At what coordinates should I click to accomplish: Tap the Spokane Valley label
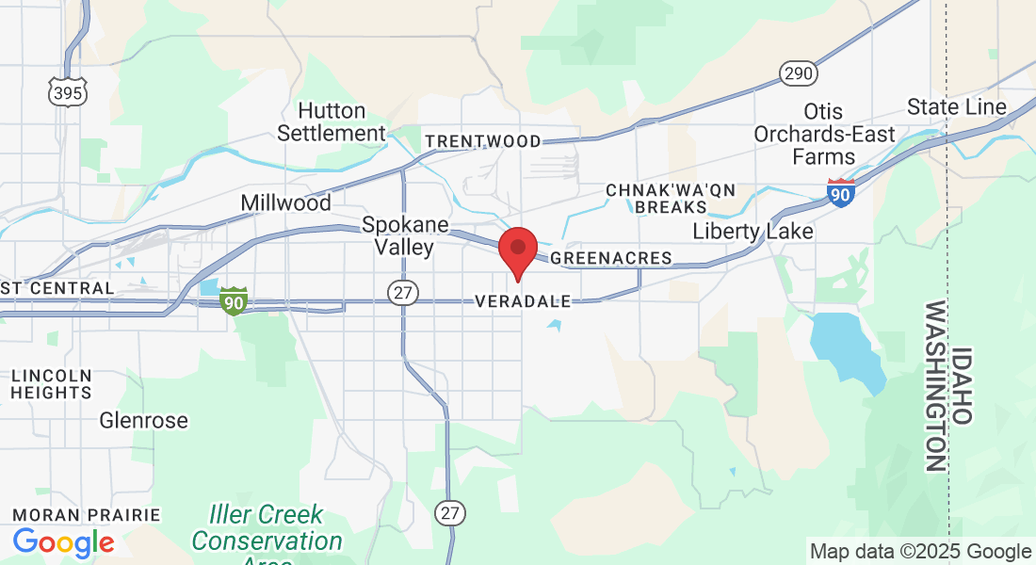pos(398,236)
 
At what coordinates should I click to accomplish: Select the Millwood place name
pos(285,203)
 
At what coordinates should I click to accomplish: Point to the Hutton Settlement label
pos(332,122)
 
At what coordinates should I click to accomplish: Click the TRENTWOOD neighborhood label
pos(483,142)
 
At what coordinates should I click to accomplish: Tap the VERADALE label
pos(524,302)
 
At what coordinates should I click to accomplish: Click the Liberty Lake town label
pos(753,231)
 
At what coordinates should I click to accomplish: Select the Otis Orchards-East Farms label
pos(824,135)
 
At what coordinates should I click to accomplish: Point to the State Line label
pos(956,107)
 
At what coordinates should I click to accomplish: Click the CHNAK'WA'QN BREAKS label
pos(670,199)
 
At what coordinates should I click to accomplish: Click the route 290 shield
pos(798,73)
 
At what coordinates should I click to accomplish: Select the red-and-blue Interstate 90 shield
pos(841,192)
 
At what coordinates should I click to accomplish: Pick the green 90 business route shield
pos(234,301)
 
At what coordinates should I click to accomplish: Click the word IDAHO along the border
pos(962,386)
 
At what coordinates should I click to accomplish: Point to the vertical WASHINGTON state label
pos(935,386)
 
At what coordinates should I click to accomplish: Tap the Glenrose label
pos(144,421)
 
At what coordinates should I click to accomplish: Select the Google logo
pos(63,542)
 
